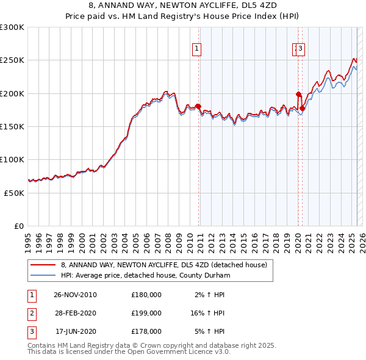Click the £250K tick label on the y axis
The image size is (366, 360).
12,60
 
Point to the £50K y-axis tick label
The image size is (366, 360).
14,192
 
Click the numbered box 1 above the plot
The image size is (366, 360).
198,50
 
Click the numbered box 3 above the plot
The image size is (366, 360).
301,50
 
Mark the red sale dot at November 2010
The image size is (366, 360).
198,106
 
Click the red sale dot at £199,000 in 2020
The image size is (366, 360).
298,94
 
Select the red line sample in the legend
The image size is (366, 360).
43,265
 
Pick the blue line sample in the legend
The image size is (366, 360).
43,275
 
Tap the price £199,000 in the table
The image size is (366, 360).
146,313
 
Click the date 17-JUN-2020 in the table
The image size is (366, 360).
76,331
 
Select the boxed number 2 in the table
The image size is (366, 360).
31,313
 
